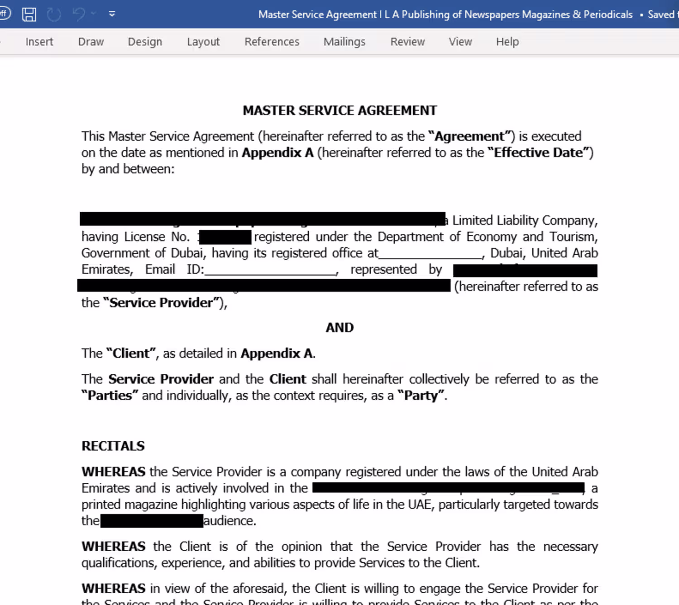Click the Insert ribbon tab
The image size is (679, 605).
coord(39,42)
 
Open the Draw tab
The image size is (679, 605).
coord(91,42)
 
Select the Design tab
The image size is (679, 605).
coord(145,42)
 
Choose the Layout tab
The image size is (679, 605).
coord(203,42)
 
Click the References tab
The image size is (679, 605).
coord(272,42)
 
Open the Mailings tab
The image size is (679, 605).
coord(344,42)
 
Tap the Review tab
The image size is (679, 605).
coord(408,42)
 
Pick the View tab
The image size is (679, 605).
coord(460,42)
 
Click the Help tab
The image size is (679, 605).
coord(507,42)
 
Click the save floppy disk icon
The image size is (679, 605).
coord(29,14)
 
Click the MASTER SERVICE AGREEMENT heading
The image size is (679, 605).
coord(340,110)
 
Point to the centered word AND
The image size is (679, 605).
coord(340,328)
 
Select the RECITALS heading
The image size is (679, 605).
coord(113,446)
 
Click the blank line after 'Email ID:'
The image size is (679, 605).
coord(271,271)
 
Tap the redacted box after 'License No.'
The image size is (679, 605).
coord(225,237)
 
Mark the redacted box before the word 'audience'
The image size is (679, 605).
coord(152,521)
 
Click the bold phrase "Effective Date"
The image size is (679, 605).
coord(538,153)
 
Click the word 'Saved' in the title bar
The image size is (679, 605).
coord(661,14)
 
